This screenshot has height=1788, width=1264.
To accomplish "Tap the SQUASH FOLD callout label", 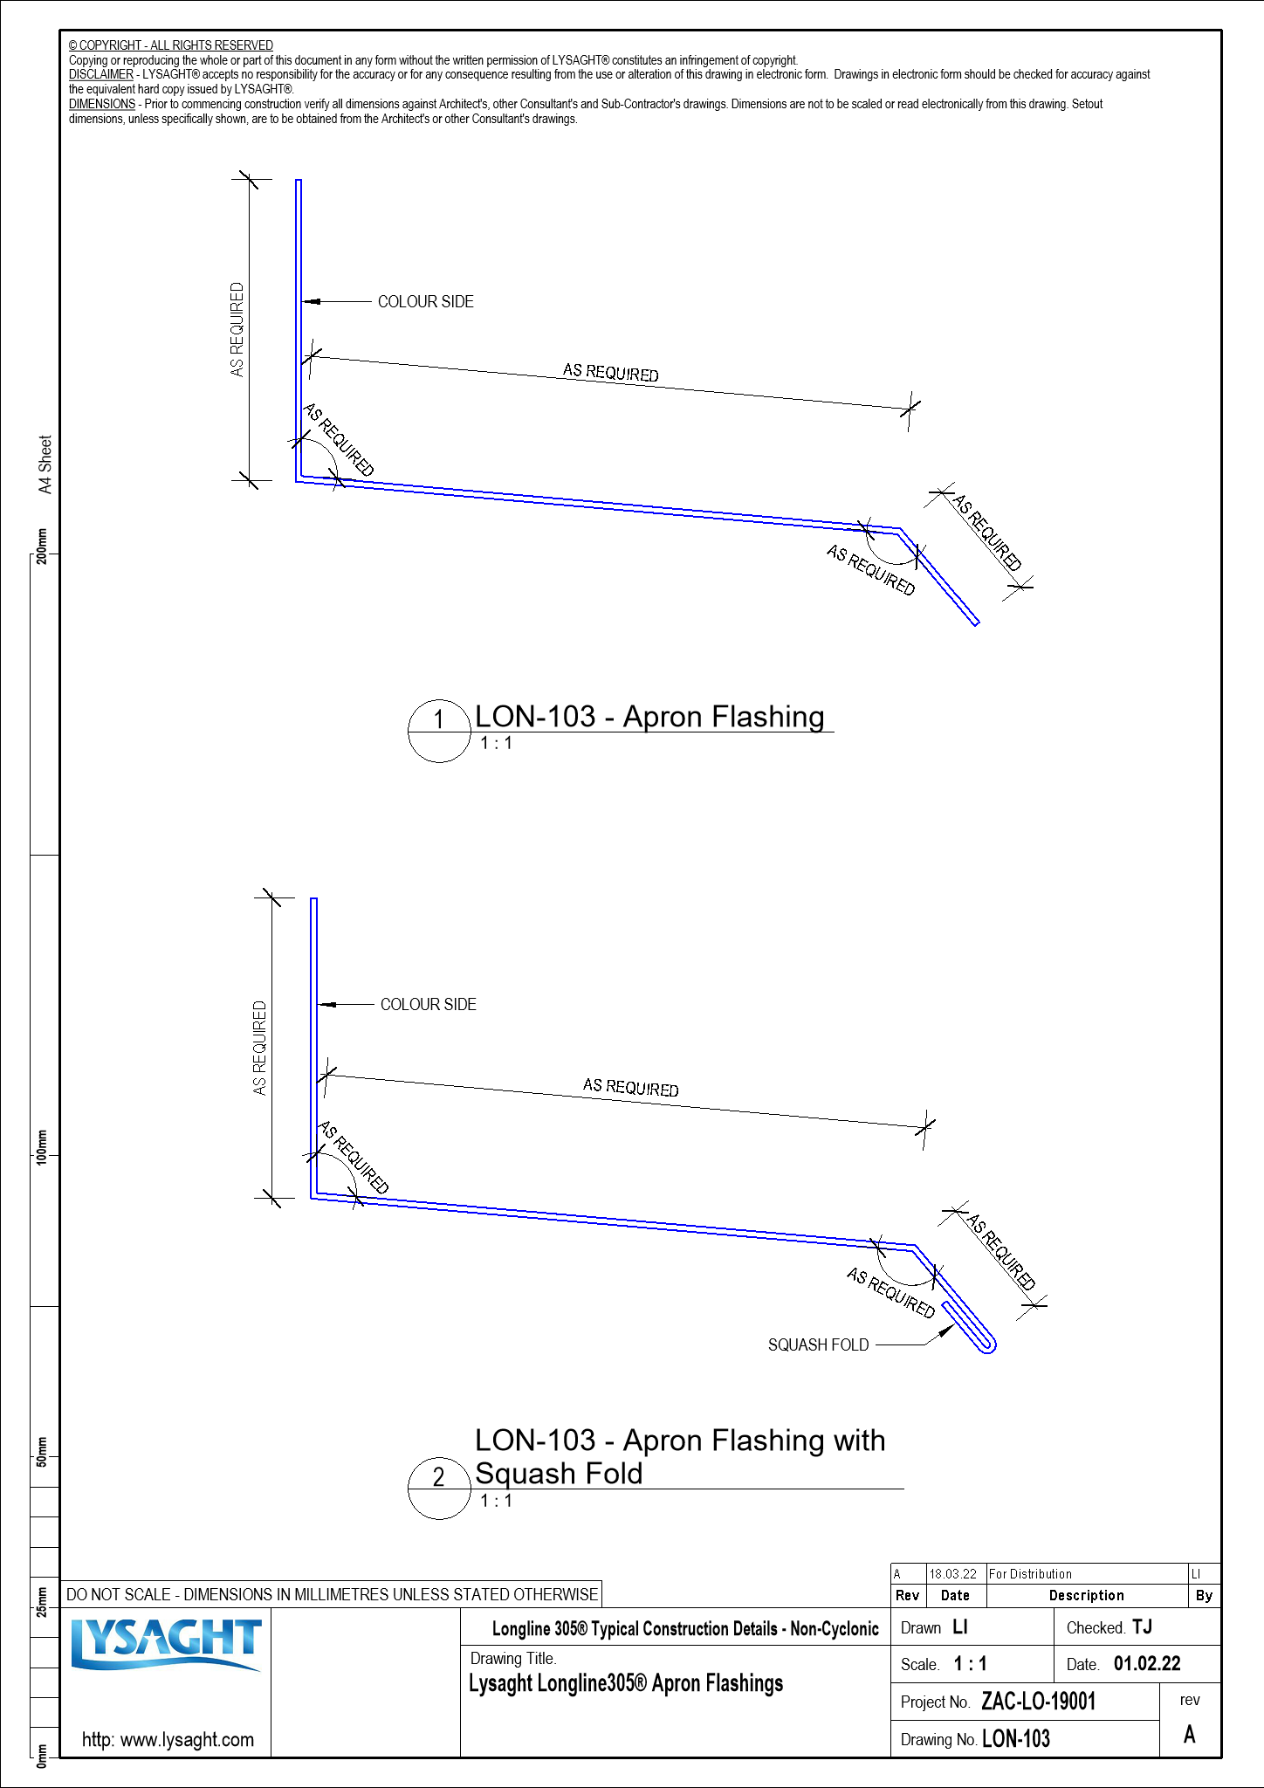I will click(x=818, y=1345).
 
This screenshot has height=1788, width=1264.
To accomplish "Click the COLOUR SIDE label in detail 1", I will click(x=425, y=302).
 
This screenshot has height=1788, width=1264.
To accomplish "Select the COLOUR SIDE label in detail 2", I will click(x=428, y=1005).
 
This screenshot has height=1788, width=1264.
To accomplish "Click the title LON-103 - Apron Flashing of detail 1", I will click(x=649, y=717).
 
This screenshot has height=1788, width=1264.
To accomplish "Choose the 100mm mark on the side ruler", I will click(x=42, y=1146).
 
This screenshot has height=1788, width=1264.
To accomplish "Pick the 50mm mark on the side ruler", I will click(x=42, y=1449).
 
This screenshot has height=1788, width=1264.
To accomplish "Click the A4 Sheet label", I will click(x=45, y=464).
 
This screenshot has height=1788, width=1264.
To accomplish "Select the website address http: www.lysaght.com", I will click(x=168, y=1739).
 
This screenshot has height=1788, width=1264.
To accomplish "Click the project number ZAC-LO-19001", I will click(x=1038, y=1702).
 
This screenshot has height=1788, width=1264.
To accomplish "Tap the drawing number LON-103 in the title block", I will click(x=1016, y=1739).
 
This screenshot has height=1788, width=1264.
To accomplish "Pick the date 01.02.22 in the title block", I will click(x=1147, y=1664).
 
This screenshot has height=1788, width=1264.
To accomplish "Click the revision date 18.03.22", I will click(x=952, y=1574).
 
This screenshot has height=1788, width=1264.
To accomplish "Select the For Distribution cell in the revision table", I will click(x=1030, y=1574).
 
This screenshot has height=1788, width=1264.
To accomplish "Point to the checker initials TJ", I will click(x=1142, y=1627).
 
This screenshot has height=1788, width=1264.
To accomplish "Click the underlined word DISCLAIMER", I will click(x=101, y=75).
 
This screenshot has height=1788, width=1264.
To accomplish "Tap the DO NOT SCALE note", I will click(x=332, y=1594).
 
